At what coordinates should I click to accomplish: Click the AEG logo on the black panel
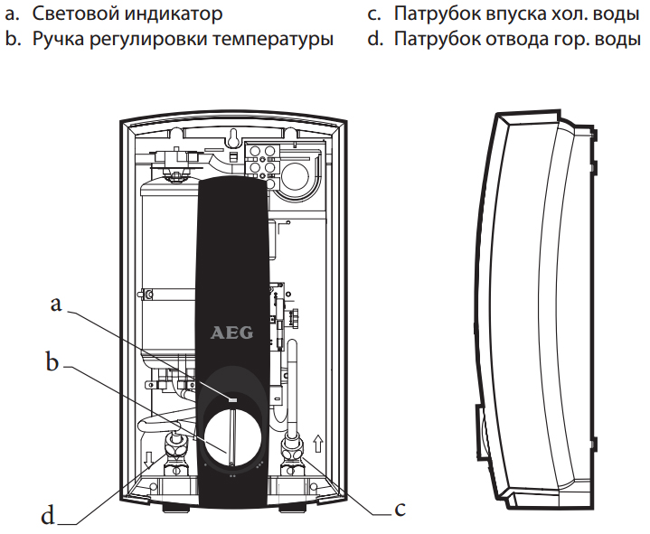pyautogui.click(x=232, y=333)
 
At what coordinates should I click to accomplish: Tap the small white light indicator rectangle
pyautogui.click(x=232, y=398)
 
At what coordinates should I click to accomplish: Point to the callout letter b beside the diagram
pyautogui.click(x=52, y=363)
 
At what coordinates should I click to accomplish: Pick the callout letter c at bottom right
pyautogui.click(x=400, y=510)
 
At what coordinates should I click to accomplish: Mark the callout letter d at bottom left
pyautogui.click(x=48, y=517)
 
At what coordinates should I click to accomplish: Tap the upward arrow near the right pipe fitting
pyautogui.click(x=316, y=444)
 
